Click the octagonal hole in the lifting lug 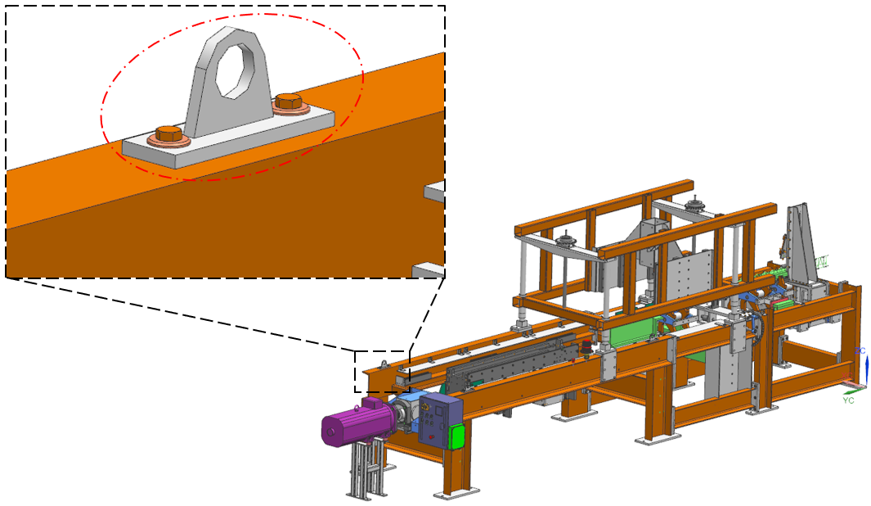(236, 70)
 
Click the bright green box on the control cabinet (456, 436)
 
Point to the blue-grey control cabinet (440, 420)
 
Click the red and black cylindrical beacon (586, 347)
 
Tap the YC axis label (848, 400)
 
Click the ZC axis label (860, 351)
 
